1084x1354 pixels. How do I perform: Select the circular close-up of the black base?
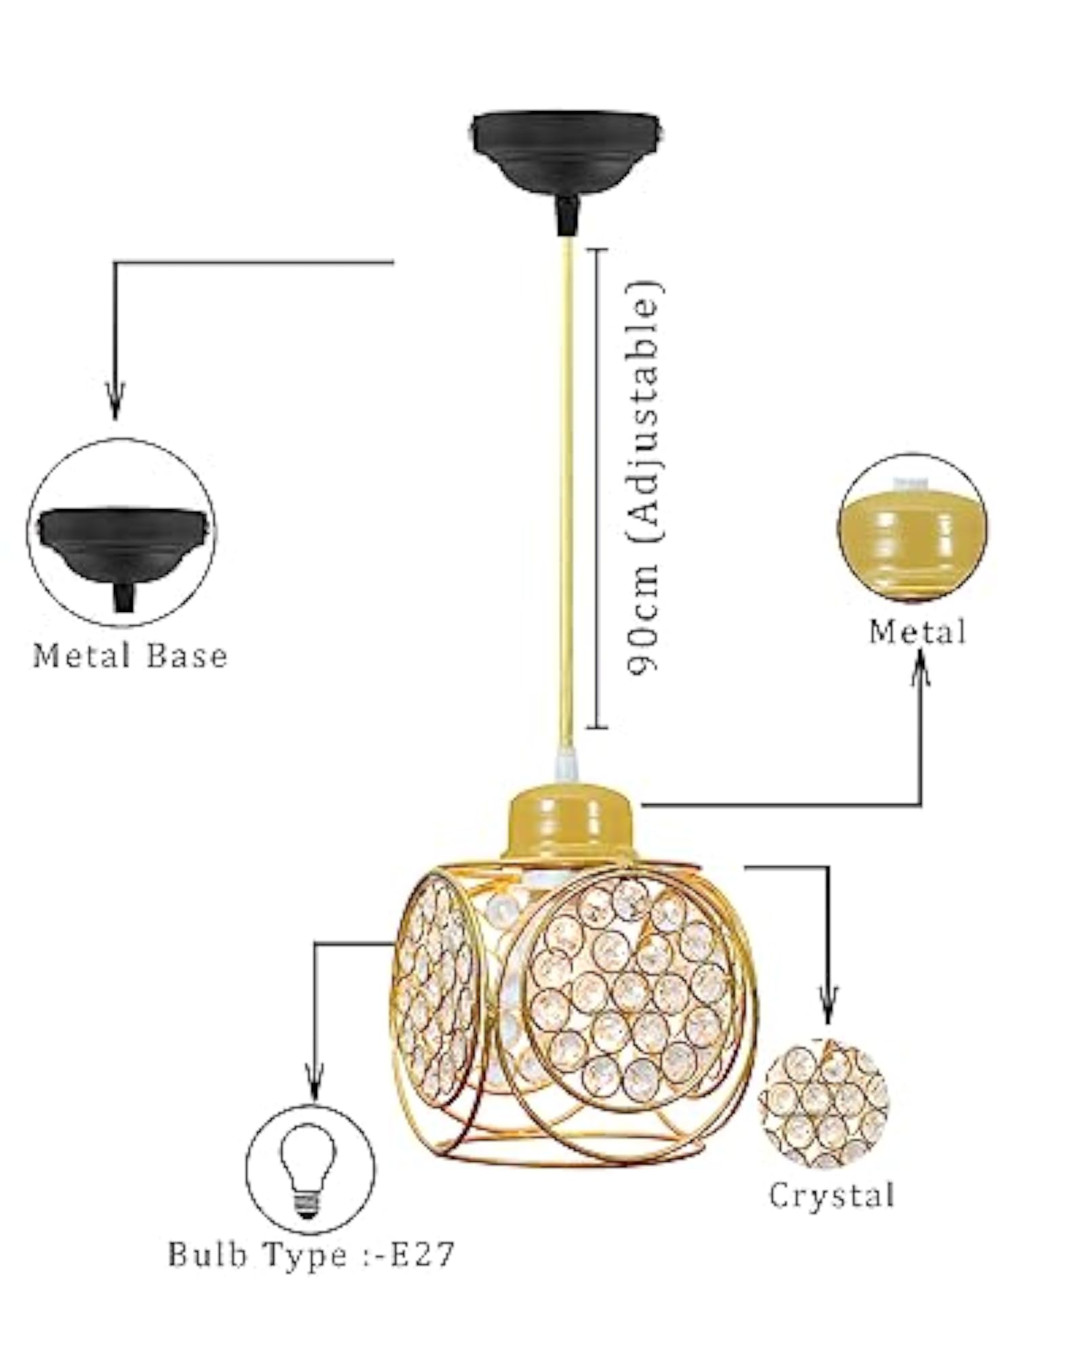(121, 533)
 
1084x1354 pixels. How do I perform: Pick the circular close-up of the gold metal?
(912, 529)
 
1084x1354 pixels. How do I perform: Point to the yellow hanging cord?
(568, 491)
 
